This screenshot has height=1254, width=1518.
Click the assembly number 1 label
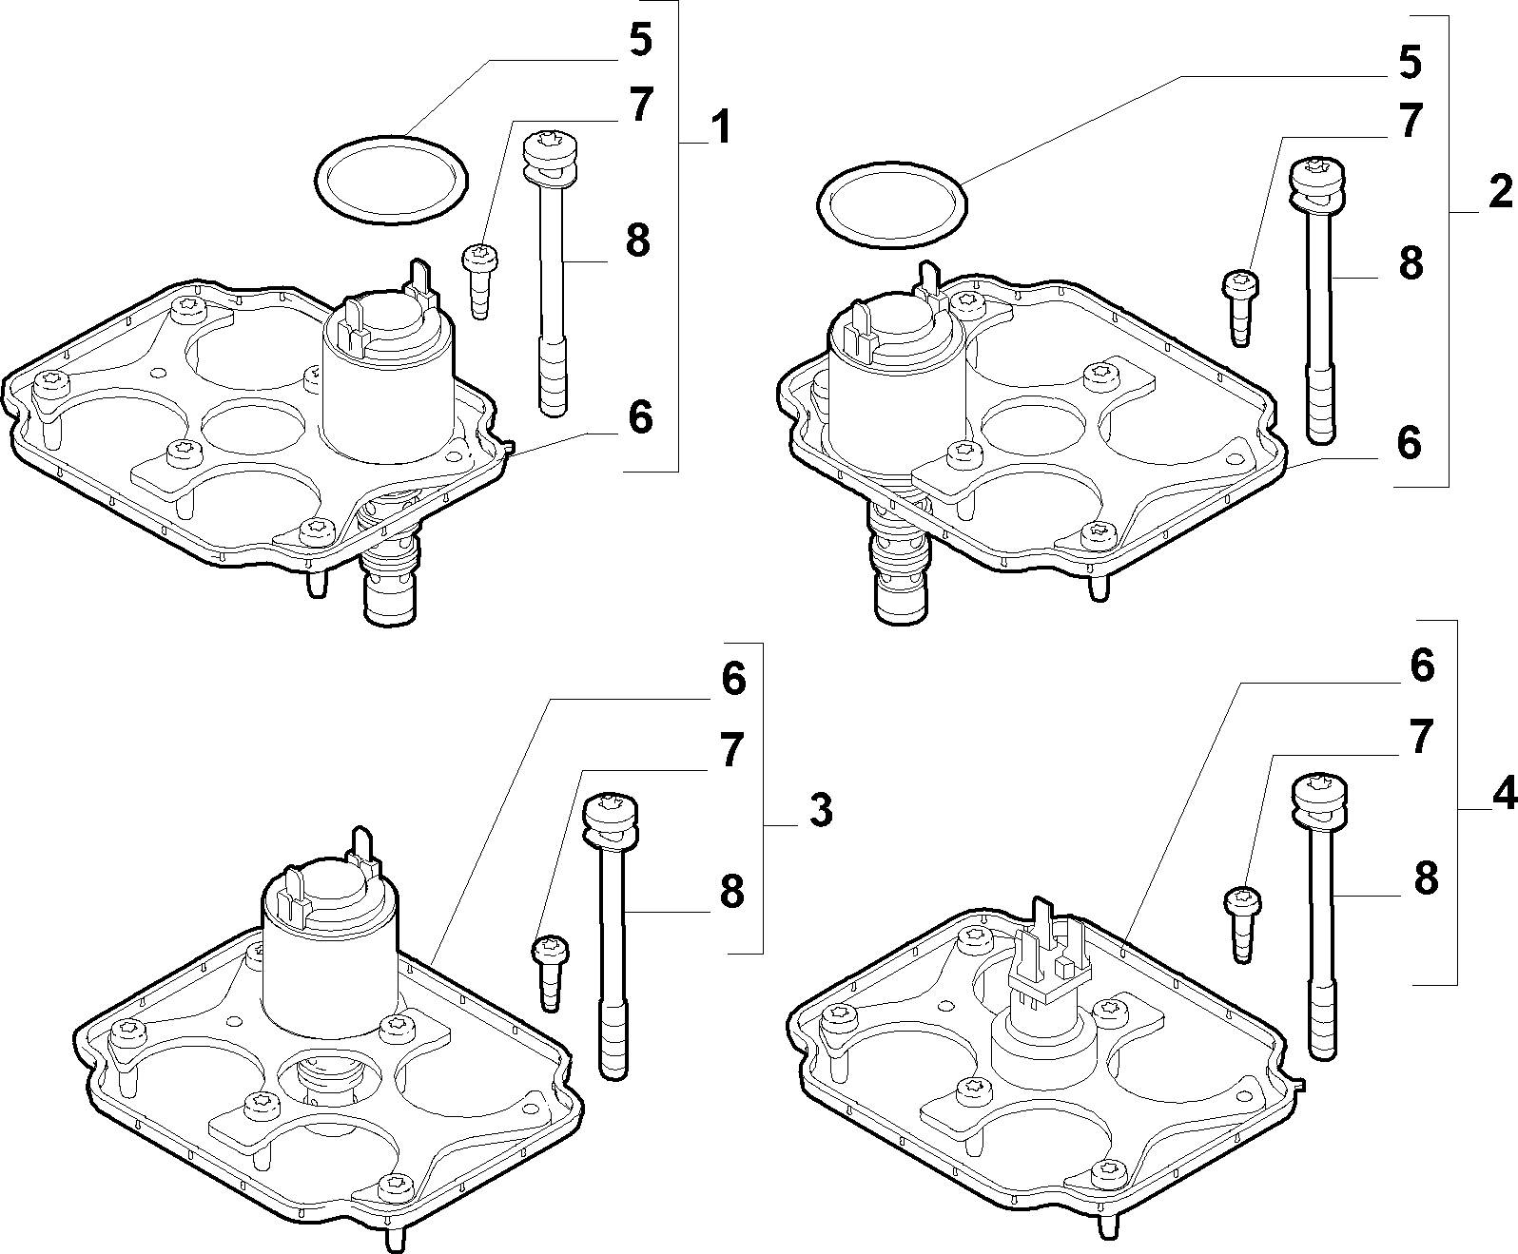click(720, 127)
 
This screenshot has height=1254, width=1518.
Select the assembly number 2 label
click(1500, 193)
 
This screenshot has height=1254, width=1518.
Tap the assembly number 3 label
click(821, 810)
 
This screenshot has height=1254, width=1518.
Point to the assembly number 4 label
click(1504, 793)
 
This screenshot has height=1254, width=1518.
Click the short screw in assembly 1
click(479, 281)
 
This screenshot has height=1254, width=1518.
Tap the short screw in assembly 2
click(1241, 307)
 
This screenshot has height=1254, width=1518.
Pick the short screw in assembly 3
click(551, 973)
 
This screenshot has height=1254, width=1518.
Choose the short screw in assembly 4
click(1243, 924)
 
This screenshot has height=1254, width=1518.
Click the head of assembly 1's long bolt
click(551, 156)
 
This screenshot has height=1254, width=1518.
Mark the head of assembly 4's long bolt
click(1319, 801)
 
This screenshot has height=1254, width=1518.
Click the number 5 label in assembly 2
click(1410, 63)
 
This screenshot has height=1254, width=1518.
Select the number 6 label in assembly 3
click(733, 678)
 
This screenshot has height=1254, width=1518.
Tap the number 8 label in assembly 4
click(1426, 878)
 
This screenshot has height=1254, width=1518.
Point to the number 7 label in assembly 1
click(641, 105)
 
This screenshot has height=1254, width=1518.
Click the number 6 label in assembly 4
click(1422, 666)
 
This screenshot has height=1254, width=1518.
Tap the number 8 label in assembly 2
click(1411, 263)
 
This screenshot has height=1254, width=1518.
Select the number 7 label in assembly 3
click(732, 750)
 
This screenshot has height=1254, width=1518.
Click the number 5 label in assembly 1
click(640, 39)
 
